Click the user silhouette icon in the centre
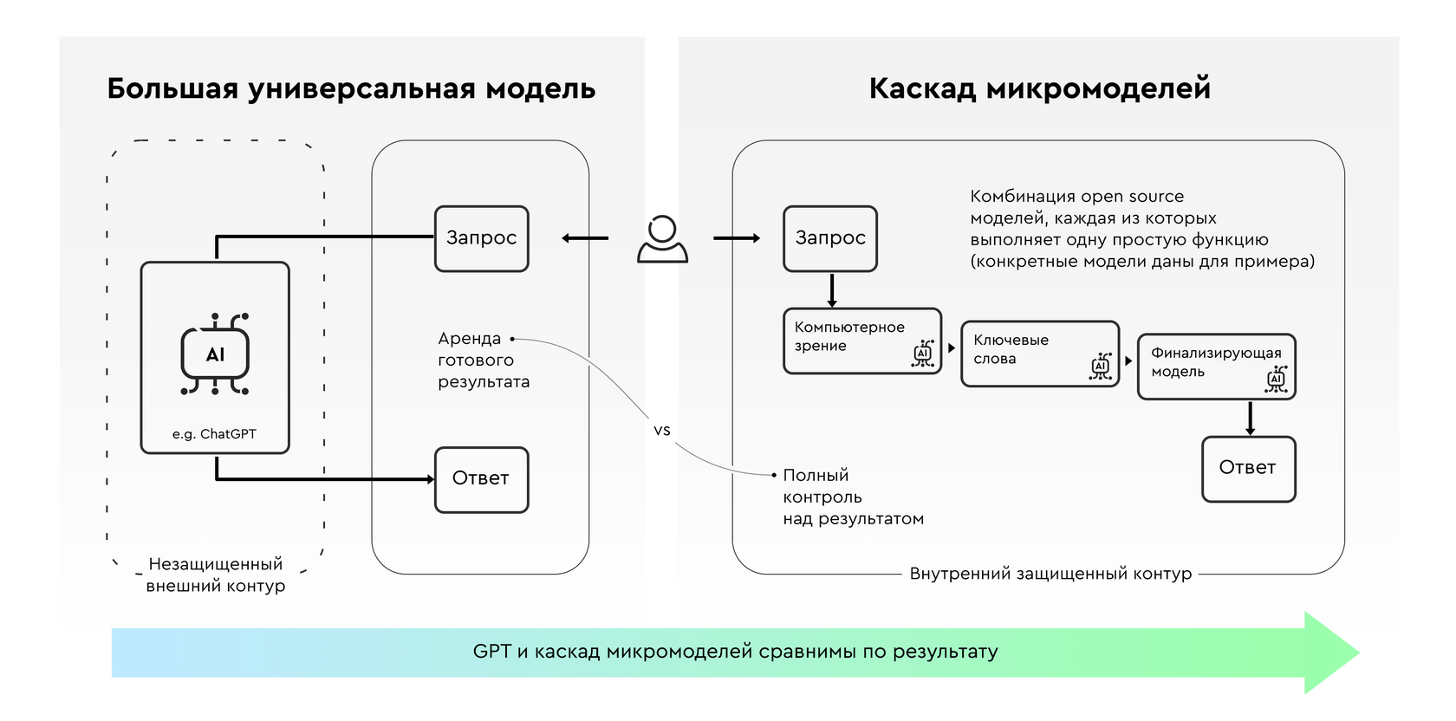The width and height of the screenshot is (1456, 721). (x=662, y=238)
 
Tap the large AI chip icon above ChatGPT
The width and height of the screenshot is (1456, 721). (x=215, y=354)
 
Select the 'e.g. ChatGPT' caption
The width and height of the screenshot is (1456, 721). (x=215, y=433)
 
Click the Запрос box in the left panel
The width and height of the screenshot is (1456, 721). (x=482, y=238)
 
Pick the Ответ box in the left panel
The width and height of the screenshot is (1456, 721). (x=482, y=480)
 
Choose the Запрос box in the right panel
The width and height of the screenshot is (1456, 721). (x=830, y=238)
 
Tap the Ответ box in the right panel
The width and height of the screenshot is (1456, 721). (x=1249, y=469)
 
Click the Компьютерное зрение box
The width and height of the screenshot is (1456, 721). (x=862, y=341)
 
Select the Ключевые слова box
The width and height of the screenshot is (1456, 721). (x=1040, y=354)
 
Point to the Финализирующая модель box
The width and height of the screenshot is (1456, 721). (x=1217, y=367)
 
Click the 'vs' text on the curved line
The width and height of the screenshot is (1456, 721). (x=662, y=431)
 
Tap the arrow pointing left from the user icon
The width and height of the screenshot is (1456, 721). (x=585, y=238)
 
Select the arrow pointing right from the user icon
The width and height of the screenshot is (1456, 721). (x=737, y=238)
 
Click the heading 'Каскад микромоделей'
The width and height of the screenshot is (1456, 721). (x=1040, y=88)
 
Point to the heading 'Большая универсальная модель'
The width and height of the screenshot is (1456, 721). (x=351, y=88)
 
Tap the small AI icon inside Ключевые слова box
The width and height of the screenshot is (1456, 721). (x=1101, y=367)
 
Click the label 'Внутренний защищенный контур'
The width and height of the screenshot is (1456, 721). (x=1050, y=574)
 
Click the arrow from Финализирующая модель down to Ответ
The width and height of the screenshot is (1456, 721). (x=1250, y=418)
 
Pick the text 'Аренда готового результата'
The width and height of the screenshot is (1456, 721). (x=484, y=360)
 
